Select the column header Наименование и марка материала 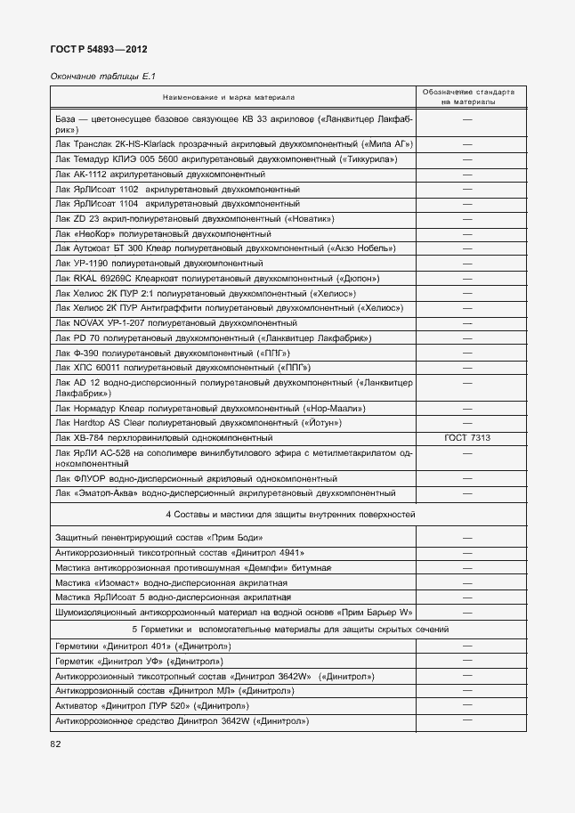click(x=228, y=97)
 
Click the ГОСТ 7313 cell click(x=466, y=438)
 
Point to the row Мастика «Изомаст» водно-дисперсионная click(x=162, y=582)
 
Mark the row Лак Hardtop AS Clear click(x=198, y=422)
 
